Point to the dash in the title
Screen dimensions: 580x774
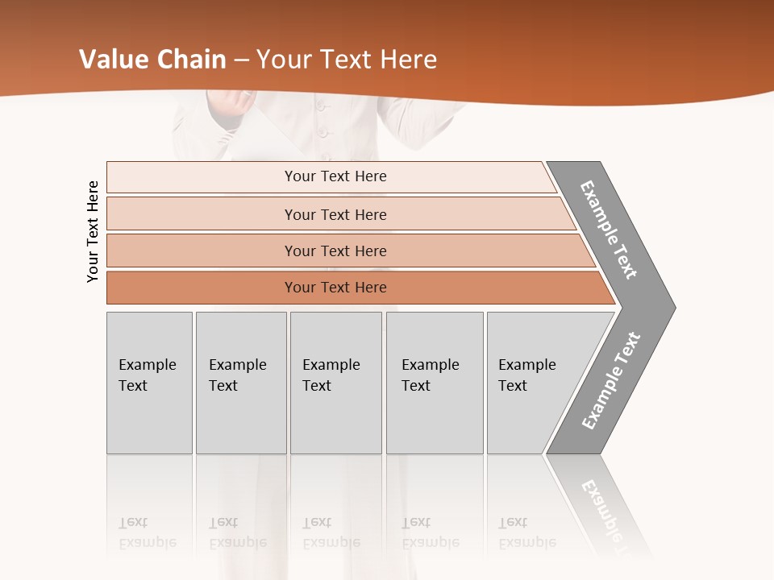pos(241,60)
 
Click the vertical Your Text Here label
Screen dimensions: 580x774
pos(93,231)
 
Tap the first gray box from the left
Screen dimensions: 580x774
pos(149,383)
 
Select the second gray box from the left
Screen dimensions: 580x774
pos(241,383)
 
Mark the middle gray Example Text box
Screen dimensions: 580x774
pos(335,383)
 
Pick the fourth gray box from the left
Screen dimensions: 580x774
pos(435,383)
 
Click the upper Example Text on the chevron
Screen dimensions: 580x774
pos(609,230)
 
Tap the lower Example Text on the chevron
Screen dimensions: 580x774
pos(611,380)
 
